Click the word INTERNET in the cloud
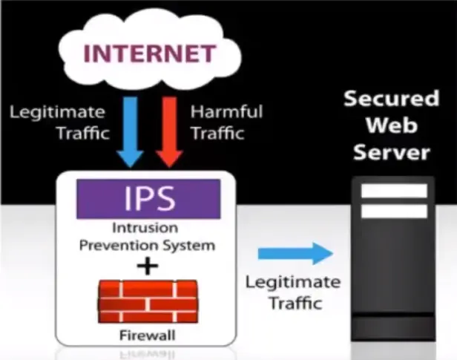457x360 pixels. [149, 53]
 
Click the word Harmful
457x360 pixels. [226, 113]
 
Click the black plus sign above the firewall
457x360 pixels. [149, 265]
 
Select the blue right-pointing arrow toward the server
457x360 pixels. [295, 253]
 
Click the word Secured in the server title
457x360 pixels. [392, 99]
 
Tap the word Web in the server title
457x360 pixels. [392, 125]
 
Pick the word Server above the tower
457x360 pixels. [392, 152]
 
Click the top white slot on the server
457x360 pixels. [393, 191]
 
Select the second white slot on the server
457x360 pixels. [393, 211]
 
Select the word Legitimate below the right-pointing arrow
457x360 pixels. [292, 283]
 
